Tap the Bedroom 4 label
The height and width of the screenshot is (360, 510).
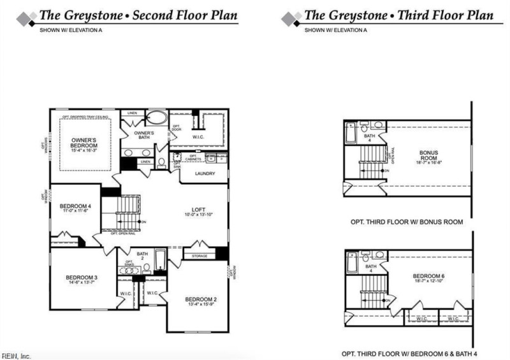click(72, 208)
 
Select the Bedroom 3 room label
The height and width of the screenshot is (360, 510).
click(81, 280)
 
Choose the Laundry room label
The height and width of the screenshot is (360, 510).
click(205, 173)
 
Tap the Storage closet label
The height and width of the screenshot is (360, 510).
click(200, 256)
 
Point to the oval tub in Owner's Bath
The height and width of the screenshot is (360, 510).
click(156, 119)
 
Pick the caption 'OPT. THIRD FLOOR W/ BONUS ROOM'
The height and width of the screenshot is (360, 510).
click(407, 223)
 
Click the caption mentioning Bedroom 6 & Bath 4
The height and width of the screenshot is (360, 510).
click(407, 353)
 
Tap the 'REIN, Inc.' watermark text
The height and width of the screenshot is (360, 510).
click(16, 355)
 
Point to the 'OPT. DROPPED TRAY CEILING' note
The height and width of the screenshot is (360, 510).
click(87, 117)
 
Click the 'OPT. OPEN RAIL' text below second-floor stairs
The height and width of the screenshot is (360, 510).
click(122, 233)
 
